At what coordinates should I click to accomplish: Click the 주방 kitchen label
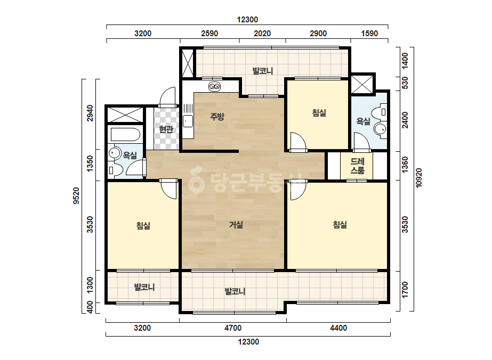[x=217, y=117]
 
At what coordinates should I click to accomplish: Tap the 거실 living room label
[x=236, y=225]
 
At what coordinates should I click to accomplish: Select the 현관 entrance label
[x=166, y=129]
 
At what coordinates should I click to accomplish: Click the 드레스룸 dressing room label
[x=357, y=166]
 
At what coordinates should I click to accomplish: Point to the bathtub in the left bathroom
[x=125, y=135]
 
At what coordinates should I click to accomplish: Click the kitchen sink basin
[x=188, y=121]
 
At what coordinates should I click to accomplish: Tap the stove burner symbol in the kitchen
[x=215, y=86]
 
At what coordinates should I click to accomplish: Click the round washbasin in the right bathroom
[x=381, y=129]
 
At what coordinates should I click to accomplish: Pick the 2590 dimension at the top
[x=209, y=33]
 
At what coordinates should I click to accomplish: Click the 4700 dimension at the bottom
[x=233, y=328]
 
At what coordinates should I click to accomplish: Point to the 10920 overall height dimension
[x=419, y=178]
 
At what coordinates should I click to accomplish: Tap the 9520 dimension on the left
[x=76, y=195]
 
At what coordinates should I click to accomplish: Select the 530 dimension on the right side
[x=405, y=83]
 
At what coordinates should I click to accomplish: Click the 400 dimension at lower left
[x=90, y=307]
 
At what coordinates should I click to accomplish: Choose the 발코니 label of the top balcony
[x=263, y=71]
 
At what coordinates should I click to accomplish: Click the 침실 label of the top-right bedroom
[x=319, y=112]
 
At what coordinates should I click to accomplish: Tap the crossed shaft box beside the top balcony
[x=188, y=63]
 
